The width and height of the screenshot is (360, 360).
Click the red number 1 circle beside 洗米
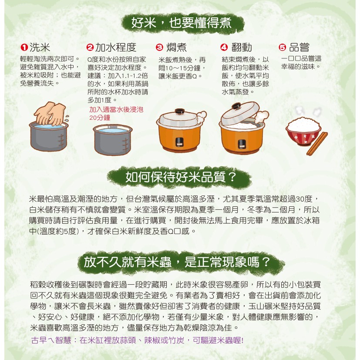[24, 47]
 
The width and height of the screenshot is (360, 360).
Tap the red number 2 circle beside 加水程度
[90, 47]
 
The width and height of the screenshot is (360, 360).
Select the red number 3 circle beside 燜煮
[159, 47]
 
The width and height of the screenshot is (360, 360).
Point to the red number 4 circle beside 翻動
[224, 47]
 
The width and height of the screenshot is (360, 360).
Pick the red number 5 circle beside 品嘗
[283, 47]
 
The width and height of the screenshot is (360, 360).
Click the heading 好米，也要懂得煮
[182, 23]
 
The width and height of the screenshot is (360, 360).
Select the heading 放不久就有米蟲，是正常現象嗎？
[177, 262]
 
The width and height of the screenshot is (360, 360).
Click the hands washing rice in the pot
[50, 114]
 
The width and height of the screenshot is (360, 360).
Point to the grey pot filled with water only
[113, 139]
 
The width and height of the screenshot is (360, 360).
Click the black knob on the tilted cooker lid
[236, 106]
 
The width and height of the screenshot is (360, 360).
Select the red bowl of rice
[303, 131]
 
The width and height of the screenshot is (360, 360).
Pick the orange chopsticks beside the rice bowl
[317, 144]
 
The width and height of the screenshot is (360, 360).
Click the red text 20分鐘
[100, 118]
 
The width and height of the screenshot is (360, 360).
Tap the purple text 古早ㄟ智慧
[51, 340]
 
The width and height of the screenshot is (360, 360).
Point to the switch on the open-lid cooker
[241, 144]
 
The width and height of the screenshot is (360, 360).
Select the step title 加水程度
[116, 47]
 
